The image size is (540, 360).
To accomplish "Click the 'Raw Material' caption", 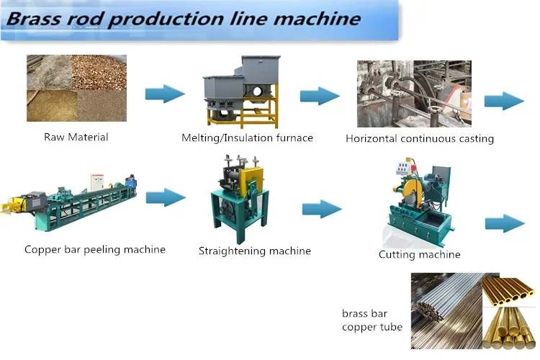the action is point(76,137).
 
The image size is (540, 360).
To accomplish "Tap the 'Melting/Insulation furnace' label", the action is point(247,138).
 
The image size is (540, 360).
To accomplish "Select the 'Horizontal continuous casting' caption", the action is point(420,138).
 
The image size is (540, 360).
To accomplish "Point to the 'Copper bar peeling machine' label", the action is point(95,250).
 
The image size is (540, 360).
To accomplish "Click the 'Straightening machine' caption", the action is point(255,251).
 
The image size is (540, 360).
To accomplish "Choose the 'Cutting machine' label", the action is point(420,254).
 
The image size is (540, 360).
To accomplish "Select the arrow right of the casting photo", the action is point(504,100).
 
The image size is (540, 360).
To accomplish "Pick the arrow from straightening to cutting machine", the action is point(321,209).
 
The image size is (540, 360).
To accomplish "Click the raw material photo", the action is point(76,89).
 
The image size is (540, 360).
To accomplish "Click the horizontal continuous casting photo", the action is point(414,94).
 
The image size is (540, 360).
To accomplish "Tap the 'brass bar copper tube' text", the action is point(372,320).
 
